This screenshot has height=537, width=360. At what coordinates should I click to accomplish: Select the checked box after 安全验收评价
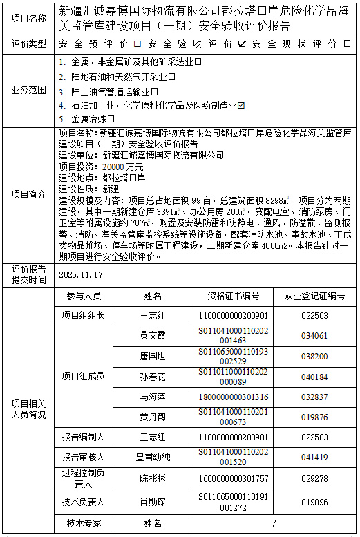click(241, 44)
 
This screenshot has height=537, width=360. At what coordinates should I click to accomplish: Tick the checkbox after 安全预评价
click(136, 44)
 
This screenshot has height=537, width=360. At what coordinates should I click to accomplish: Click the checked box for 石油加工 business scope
click(241, 105)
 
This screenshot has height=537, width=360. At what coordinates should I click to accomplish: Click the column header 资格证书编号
click(233, 296)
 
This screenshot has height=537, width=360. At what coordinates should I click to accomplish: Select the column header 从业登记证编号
click(314, 296)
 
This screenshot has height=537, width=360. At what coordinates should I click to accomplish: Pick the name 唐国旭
click(153, 357)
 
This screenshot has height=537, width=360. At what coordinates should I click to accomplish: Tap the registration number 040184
click(314, 377)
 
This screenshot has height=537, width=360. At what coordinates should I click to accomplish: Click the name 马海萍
click(153, 397)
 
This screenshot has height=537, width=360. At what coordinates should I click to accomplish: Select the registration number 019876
click(314, 417)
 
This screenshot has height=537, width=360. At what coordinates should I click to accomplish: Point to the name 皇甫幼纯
click(153, 457)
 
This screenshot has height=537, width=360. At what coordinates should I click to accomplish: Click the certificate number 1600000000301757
click(233, 478)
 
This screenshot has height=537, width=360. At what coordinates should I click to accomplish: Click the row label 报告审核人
click(84, 457)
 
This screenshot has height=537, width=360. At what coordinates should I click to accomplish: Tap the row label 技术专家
click(84, 522)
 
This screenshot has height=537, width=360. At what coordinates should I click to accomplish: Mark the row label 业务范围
click(29, 90)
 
